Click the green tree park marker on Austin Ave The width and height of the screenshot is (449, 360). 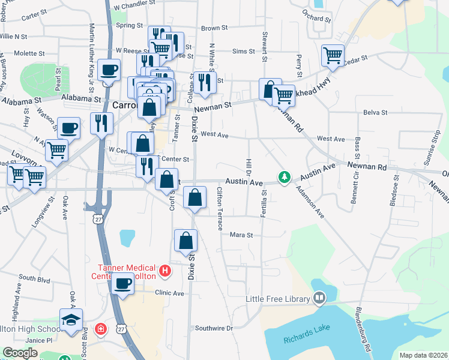(x=285, y=178)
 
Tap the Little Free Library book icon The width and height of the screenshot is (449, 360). (x=319, y=298)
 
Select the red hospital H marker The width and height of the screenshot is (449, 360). (x=167, y=271)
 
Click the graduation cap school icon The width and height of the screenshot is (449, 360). (x=71, y=320)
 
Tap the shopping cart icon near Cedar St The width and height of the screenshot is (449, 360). (x=332, y=56)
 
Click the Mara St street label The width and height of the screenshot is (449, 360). (x=242, y=235)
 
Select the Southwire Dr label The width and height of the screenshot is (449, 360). (x=214, y=328)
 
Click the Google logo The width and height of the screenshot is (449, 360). (x=20, y=353)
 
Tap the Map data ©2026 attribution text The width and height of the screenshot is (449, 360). (x=423, y=355)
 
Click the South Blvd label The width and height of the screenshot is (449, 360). (x=34, y=278)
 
